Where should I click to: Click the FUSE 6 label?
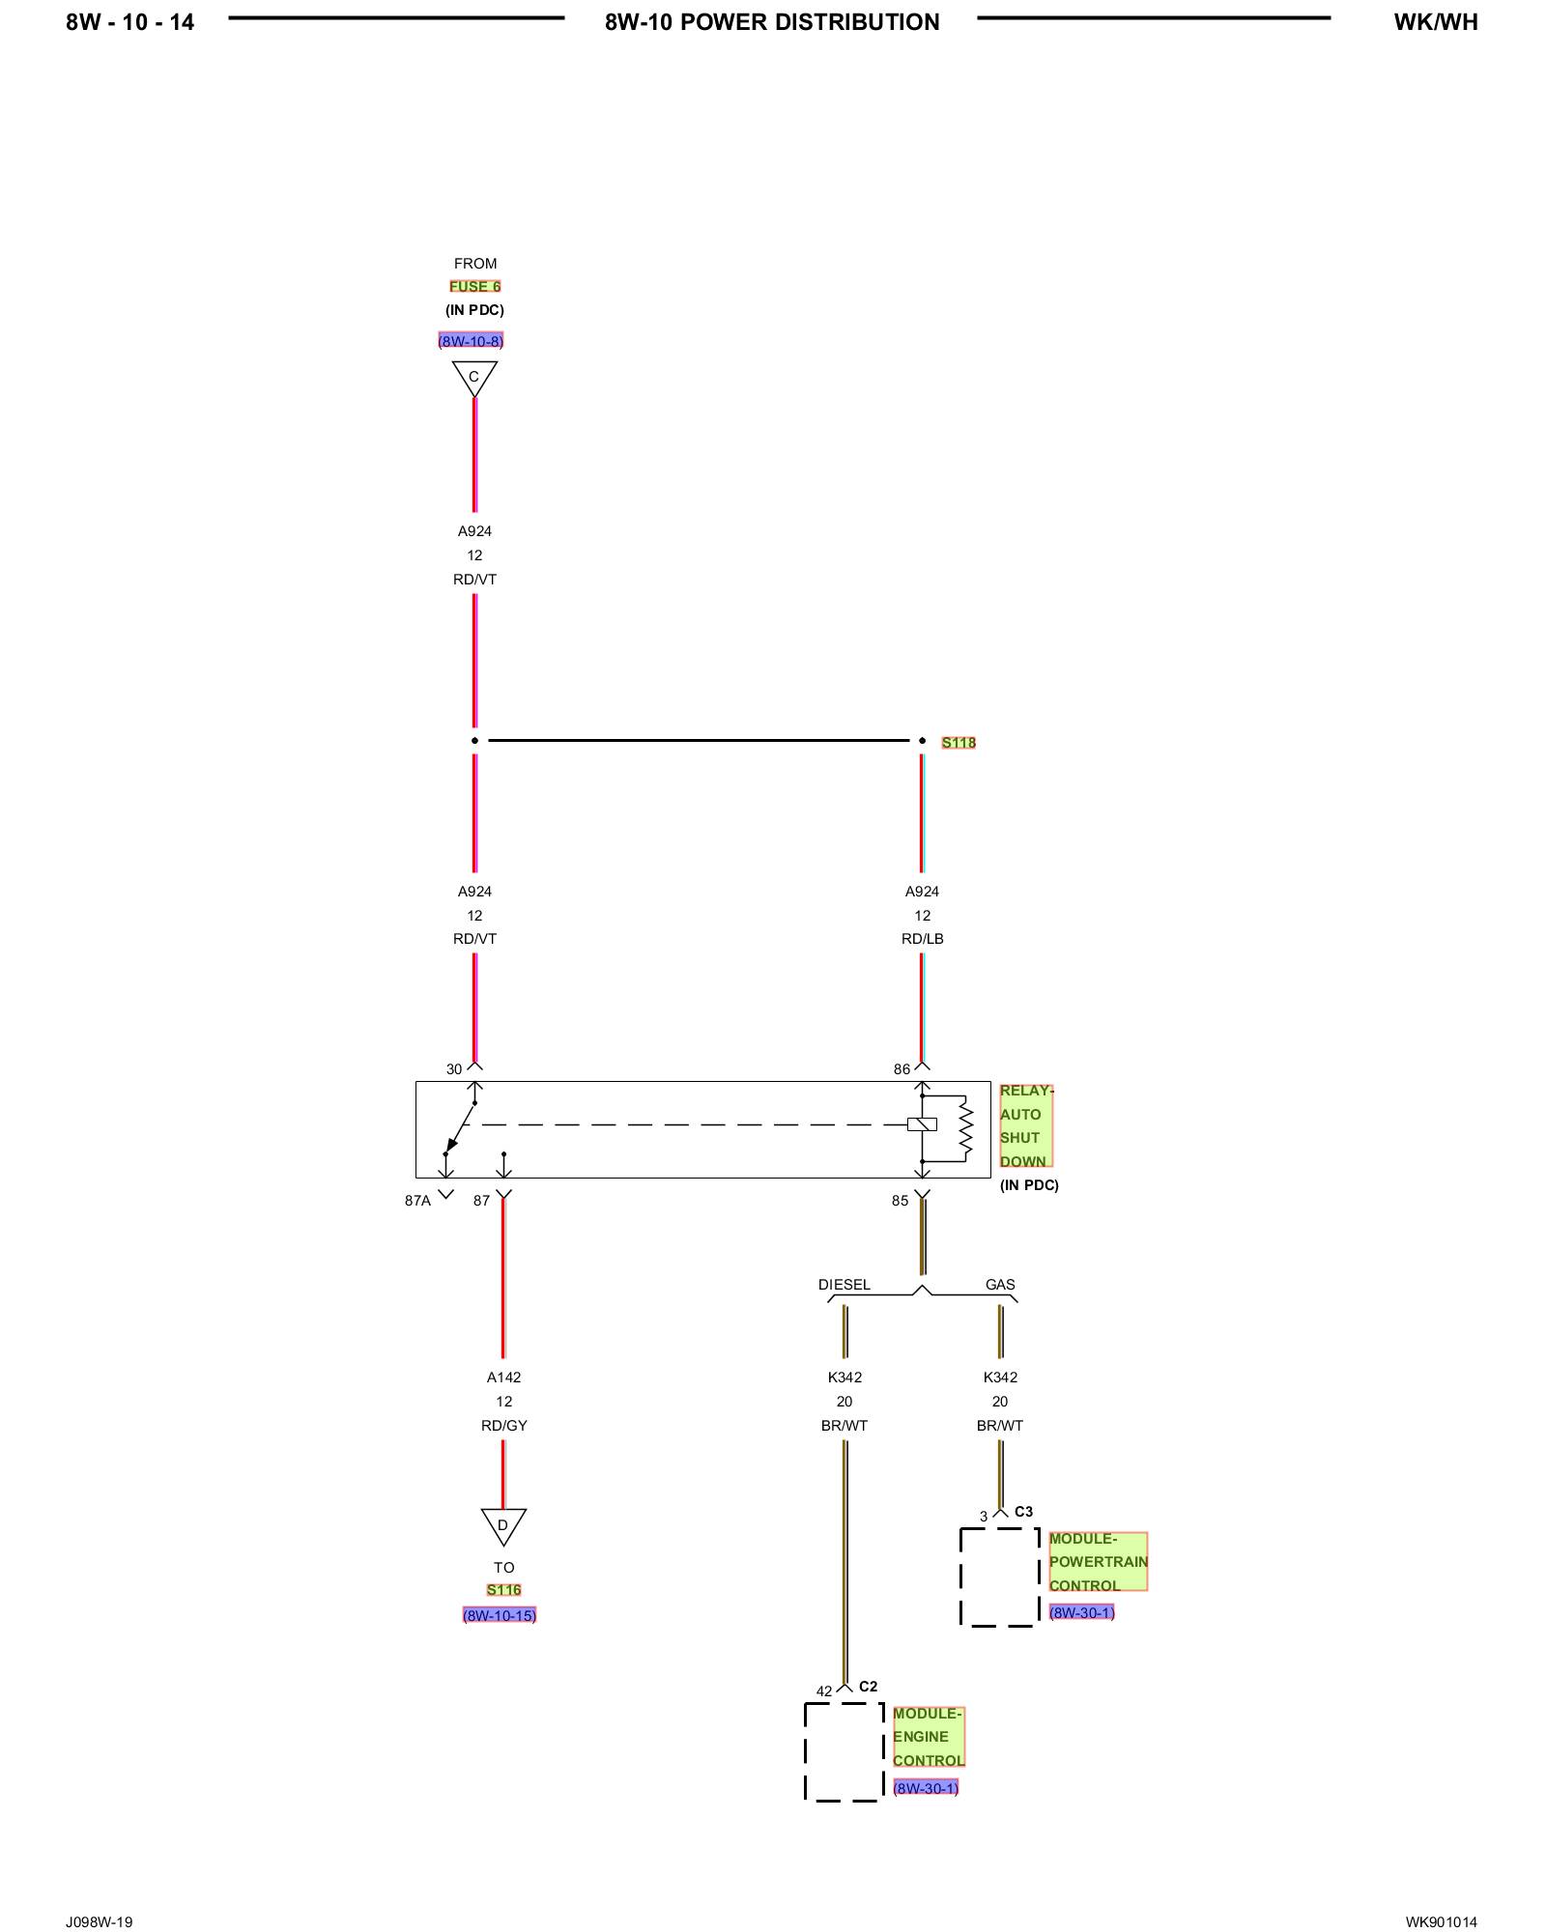coord(474,286)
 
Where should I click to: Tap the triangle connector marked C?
coord(474,378)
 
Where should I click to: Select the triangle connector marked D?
coord(503,1525)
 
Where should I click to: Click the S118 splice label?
coord(959,742)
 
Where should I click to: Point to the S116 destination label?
coord(503,1590)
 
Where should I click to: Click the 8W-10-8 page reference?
coord(471,341)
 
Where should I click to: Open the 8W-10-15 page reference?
coord(500,1615)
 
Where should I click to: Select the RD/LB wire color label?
coord(922,939)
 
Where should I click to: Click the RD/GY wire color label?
coord(503,1426)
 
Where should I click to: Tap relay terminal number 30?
coord(454,1069)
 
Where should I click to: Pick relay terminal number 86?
coord(902,1069)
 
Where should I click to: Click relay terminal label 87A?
coord(417,1201)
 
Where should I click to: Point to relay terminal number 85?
coord(900,1201)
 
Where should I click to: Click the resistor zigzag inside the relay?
coord(964,1127)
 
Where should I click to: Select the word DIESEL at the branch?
coord(844,1285)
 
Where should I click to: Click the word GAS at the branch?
coord(1000,1285)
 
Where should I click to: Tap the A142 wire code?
coord(503,1378)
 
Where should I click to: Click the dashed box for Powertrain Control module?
coord(999,1577)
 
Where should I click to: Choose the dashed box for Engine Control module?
coord(844,1751)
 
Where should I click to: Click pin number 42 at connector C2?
coord(823,1691)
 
